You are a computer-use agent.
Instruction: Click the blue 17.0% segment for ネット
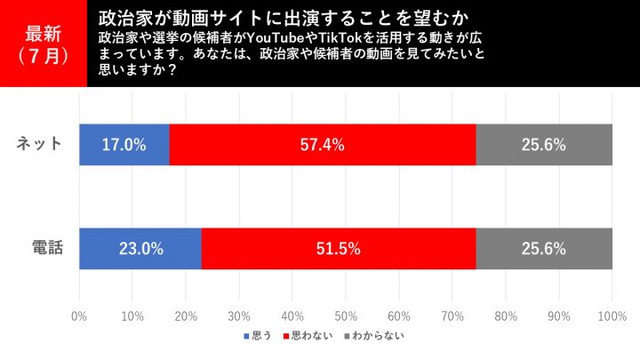124,145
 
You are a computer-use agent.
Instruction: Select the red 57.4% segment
322,145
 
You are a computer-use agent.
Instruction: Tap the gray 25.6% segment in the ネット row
544,145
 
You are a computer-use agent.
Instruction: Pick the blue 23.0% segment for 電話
140,249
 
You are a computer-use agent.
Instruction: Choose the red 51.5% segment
338,249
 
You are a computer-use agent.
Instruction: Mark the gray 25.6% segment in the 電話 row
544,249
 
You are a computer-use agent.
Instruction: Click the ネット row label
41,144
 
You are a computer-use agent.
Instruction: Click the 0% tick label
78,316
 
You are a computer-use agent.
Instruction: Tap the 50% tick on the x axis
346,316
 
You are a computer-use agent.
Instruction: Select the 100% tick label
612,316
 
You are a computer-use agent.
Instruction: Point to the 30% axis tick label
239,316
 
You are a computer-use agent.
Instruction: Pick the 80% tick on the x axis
506,316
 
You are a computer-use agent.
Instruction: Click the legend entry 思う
259,337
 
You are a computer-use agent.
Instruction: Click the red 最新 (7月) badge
43,44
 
